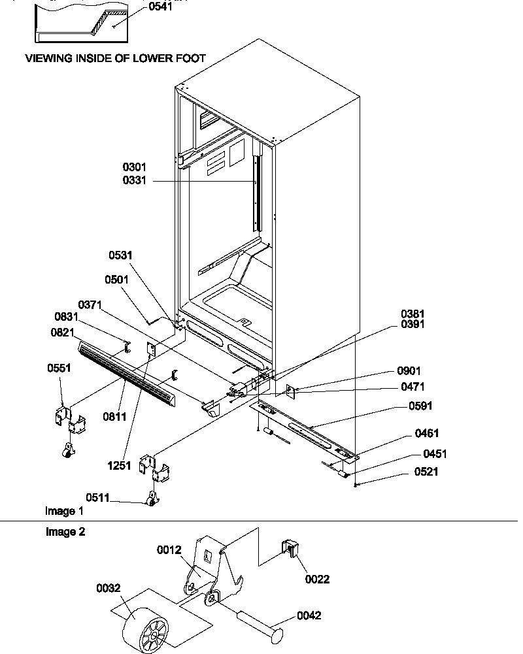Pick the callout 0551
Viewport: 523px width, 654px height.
pos(59,368)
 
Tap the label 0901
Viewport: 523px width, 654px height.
pos(410,370)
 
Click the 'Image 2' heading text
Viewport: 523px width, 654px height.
pos(65,532)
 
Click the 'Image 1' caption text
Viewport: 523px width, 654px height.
pos(64,510)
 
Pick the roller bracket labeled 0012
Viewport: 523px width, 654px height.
pos(209,575)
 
